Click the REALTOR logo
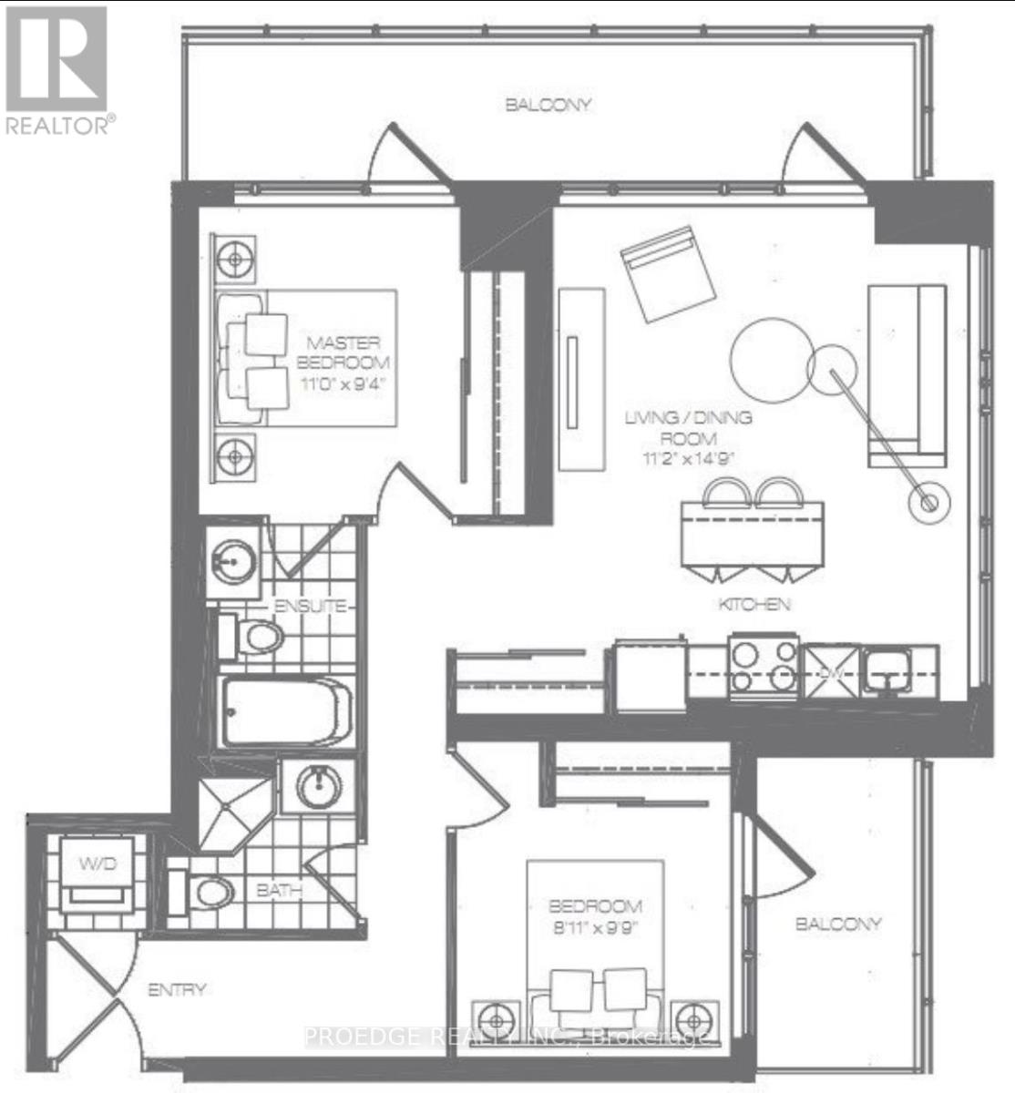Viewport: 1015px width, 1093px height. click(x=56, y=69)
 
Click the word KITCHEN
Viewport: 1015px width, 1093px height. click(x=754, y=604)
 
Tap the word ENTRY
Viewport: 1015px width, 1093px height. click(x=178, y=989)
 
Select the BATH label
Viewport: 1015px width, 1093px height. click(x=279, y=891)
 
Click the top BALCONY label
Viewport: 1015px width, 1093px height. click(x=549, y=105)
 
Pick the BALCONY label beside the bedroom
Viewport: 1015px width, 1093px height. click(x=838, y=924)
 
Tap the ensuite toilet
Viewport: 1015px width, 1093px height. click(x=251, y=637)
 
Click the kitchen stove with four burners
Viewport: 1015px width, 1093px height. click(x=764, y=667)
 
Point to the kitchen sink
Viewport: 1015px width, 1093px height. click(x=884, y=669)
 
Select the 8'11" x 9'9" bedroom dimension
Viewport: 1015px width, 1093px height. click(x=594, y=930)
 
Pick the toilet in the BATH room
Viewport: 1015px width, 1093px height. click(x=209, y=892)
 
